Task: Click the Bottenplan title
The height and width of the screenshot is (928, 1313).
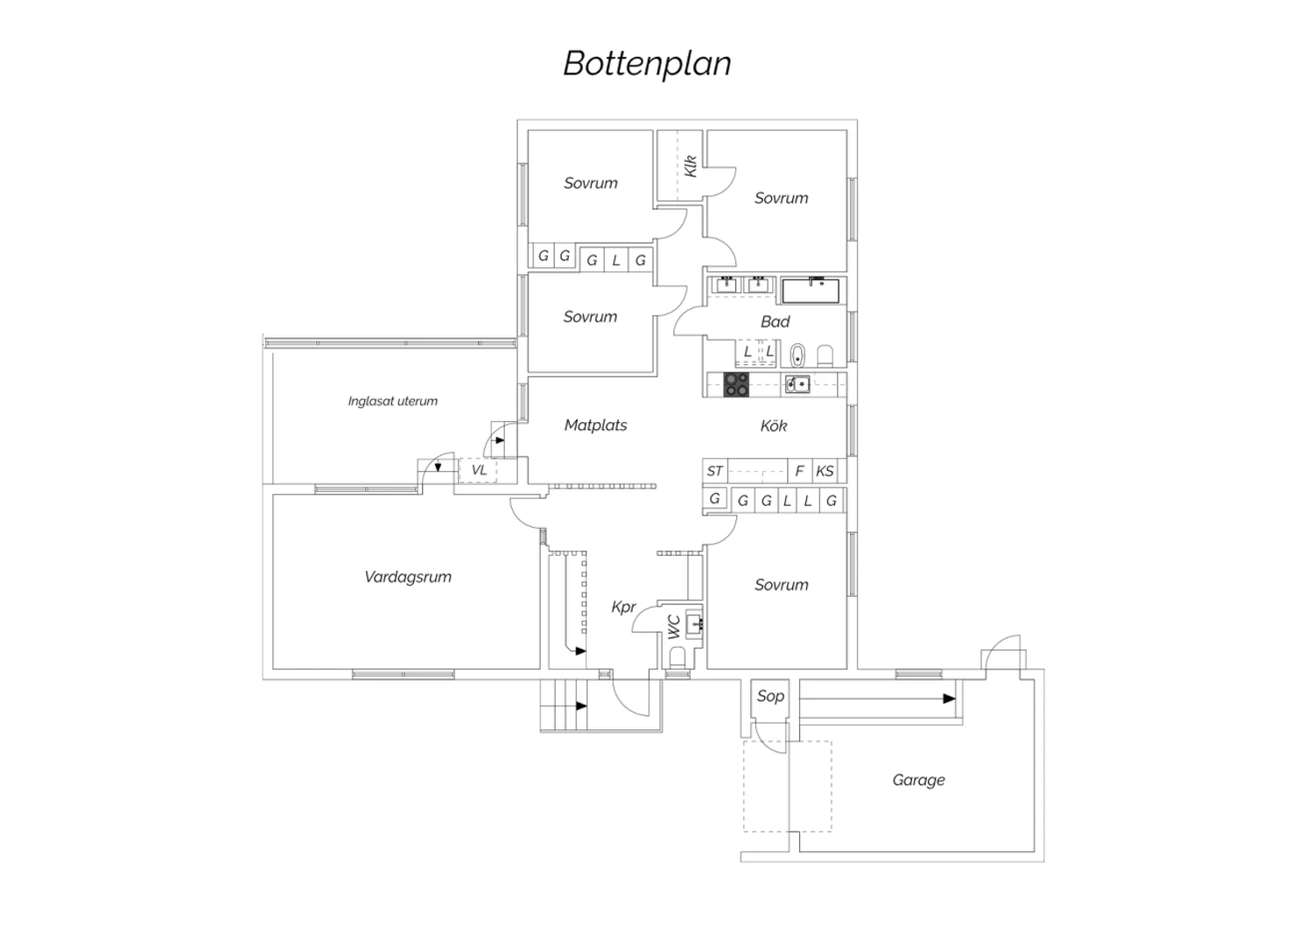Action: point(647,64)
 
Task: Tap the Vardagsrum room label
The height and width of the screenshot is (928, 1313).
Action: point(408,577)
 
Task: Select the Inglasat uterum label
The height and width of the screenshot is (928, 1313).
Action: point(392,402)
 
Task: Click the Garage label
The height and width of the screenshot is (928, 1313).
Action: point(918,780)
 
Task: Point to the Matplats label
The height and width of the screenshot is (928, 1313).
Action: point(595,425)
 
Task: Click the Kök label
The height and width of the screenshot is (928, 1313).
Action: point(774,426)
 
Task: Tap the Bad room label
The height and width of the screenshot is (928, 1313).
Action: point(775,322)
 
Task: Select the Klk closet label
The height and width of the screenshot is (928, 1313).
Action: point(691,165)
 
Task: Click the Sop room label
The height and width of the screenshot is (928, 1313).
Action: point(770,696)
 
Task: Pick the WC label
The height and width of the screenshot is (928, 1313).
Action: point(674,627)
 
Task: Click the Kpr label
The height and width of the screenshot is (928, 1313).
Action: point(623,607)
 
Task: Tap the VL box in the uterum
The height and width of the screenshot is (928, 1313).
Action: point(479,470)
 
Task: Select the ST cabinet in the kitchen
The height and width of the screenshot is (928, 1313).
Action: point(715,471)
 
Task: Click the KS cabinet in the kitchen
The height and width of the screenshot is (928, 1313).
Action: point(825,471)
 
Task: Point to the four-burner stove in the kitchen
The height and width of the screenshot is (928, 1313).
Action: point(736,384)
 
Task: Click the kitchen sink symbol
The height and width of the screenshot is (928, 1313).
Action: point(797,383)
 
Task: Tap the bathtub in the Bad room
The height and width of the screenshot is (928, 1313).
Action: point(811,290)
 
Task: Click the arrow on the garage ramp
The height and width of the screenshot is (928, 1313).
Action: point(949,699)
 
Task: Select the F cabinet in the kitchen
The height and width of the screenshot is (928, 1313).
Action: point(799,471)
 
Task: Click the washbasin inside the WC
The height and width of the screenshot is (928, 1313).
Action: point(695,624)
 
